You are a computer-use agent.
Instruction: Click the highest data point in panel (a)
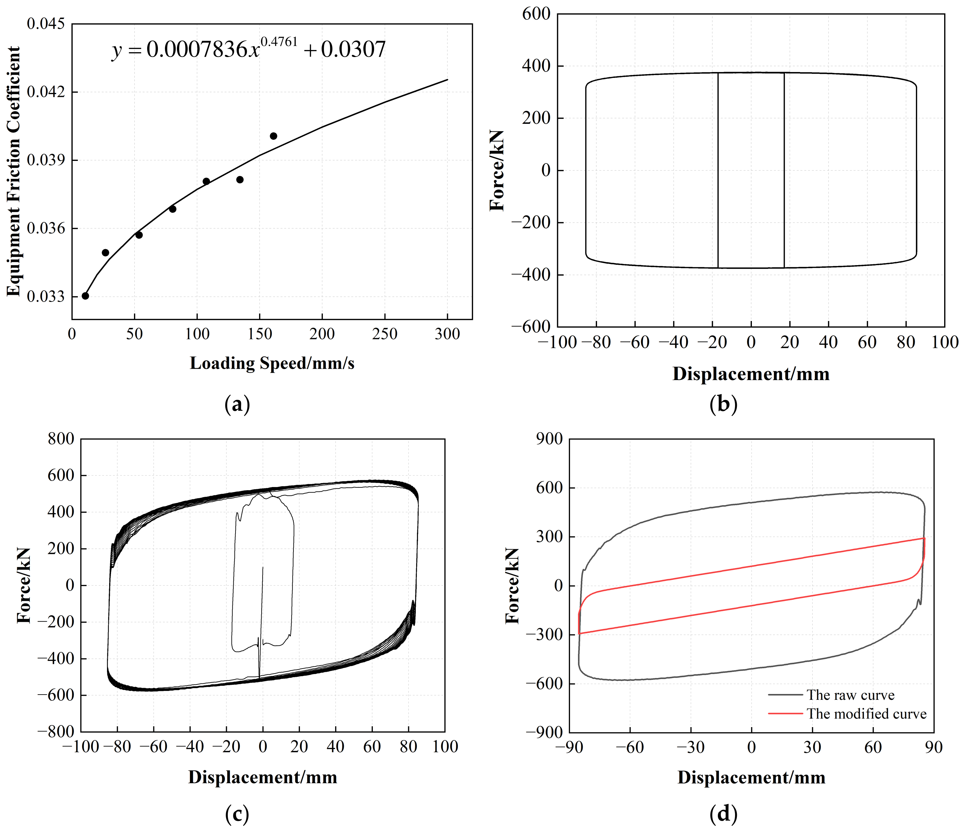(274, 136)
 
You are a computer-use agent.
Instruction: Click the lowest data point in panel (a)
(85, 295)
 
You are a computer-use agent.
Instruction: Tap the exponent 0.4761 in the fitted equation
(278, 42)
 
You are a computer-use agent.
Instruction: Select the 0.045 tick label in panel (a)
(46, 24)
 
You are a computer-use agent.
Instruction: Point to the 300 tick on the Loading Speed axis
(447, 334)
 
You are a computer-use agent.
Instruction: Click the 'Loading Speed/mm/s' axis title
(272, 363)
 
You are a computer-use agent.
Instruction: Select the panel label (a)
(237, 404)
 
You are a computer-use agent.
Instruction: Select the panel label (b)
(723, 404)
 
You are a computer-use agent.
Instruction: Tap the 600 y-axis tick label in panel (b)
(536, 14)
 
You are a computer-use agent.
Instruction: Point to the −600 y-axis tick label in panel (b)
(531, 327)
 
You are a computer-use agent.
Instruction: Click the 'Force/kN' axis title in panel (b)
(497, 170)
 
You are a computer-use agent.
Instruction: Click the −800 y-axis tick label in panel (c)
(56, 731)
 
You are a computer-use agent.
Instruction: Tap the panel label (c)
(237, 814)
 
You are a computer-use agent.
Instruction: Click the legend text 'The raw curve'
(850, 695)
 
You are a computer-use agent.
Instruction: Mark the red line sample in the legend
(785, 714)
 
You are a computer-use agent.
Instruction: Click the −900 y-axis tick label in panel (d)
(545, 732)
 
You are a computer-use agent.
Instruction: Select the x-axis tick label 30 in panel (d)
(812, 747)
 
